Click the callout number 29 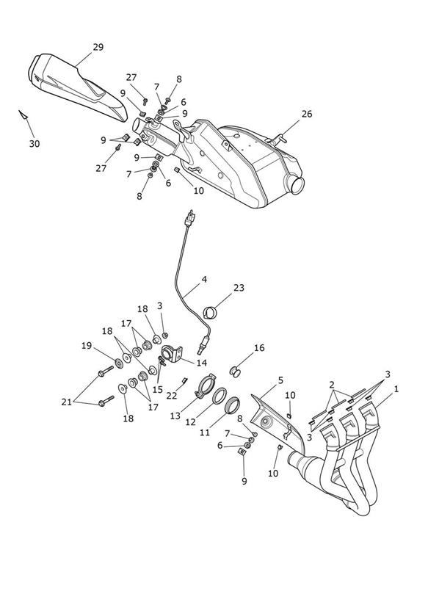(x=98, y=47)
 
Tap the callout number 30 (x=35, y=144)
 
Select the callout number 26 (x=307, y=115)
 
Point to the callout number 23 (x=239, y=288)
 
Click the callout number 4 (x=204, y=279)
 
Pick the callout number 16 (x=259, y=348)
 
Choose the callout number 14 (x=201, y=363)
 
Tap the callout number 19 (x=87, y=346)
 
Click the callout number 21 (x=67, y=402)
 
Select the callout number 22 (x=172, y=396)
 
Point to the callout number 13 (x=175, y=416)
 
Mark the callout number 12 (x=191, y=422)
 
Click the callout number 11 (x=205, y=432)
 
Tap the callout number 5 (x=280, y=380)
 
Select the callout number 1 (x=396, y=389)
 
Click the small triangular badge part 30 (x=23, y=115)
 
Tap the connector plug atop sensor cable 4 (x=189, y=218)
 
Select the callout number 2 (x=332, y=385)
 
